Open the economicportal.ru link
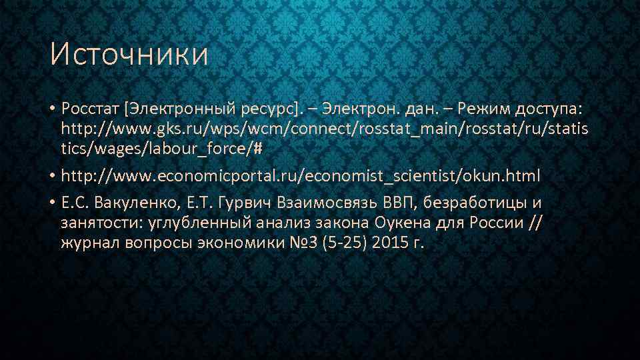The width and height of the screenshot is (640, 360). click(301, 177)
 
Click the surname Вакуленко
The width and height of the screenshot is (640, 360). click(145, 203)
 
